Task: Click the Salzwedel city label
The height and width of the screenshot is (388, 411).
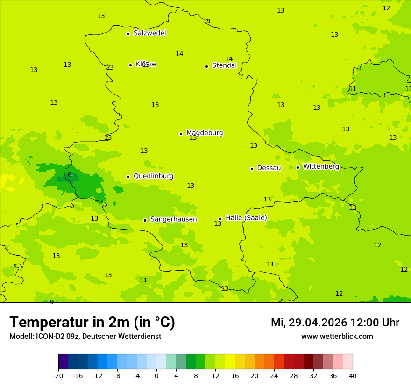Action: click(x=149, y=33)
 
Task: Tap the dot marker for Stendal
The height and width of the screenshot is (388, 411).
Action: click(x=206, y=66)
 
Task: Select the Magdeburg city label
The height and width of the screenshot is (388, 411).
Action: click(x=204, y=133)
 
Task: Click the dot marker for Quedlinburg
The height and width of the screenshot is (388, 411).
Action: click(x=128, y=177)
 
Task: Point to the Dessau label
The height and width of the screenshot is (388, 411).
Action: click(x=269, y=168)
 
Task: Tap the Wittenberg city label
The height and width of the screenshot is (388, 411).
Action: click(x=320, y=166)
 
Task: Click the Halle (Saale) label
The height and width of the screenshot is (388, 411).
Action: click(x=246, y=218)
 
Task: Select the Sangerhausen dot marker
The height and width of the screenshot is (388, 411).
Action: click(x=145, y=220)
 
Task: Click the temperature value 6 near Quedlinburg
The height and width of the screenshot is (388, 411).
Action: click(x=70, y=175)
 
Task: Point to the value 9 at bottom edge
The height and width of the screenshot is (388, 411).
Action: click(x=52, y=302)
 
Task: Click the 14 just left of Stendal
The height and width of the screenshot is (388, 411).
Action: click(x=179, y=54)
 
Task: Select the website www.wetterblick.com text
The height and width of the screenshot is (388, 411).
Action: click(x=337, y=337)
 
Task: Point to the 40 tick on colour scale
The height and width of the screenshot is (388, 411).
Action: click(x=352, y=375)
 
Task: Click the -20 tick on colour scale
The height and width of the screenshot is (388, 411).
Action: click(x=58, y=375)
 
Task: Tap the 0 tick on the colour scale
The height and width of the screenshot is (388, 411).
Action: click(x=156, y=375)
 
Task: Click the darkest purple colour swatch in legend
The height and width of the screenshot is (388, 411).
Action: click(x=63, y=362)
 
